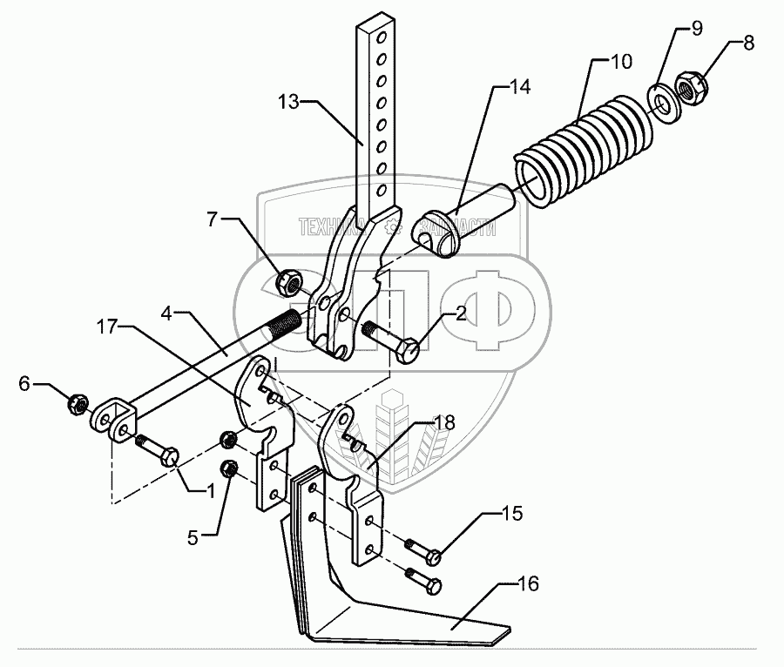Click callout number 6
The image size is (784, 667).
pos(24,383)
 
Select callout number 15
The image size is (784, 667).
pos(511,514)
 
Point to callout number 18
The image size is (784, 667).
pos(445,423)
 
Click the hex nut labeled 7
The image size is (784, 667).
pos(289,281)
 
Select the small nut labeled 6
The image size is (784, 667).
pos(76,403)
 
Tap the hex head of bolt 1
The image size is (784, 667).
pos(170,455)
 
